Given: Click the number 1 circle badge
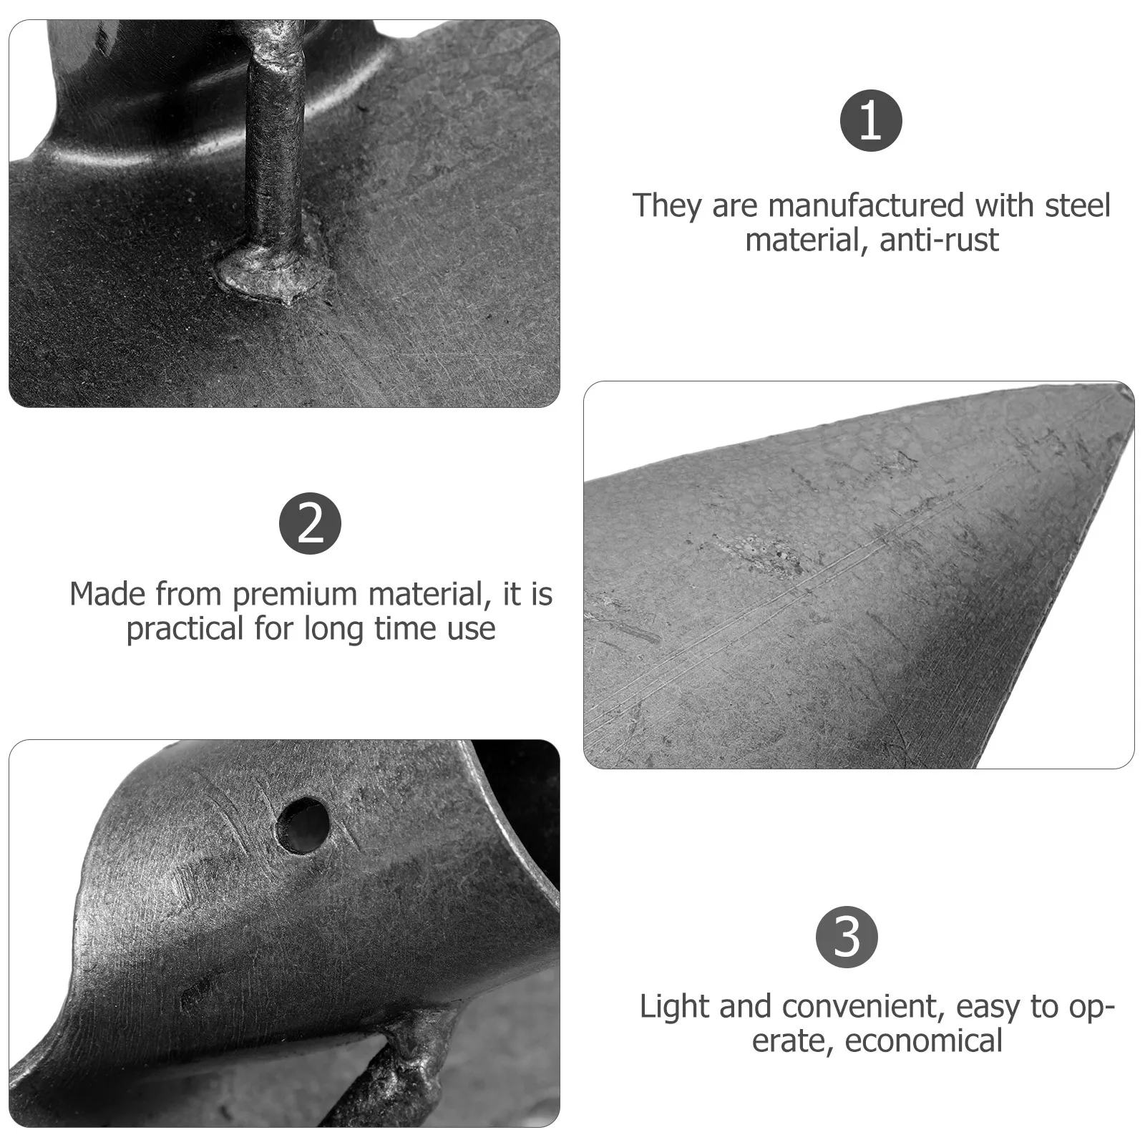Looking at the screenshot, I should click(x=870, y=120).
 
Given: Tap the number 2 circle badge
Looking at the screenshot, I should click(x=310, y=523).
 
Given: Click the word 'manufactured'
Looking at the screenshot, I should click(x=865, y=206).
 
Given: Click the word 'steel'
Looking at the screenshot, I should click(x=1077, y=205).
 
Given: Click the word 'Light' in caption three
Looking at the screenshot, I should click(x=673, y=1007).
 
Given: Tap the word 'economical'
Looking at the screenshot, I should click(x=923, y=1041).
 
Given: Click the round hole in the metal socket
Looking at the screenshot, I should click(x=303, y=825).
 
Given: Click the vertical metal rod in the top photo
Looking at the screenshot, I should click(x=273, y=143).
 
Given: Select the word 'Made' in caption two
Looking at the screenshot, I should click(x=107, y=595).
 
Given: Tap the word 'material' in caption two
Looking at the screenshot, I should click(x=432, y=595).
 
